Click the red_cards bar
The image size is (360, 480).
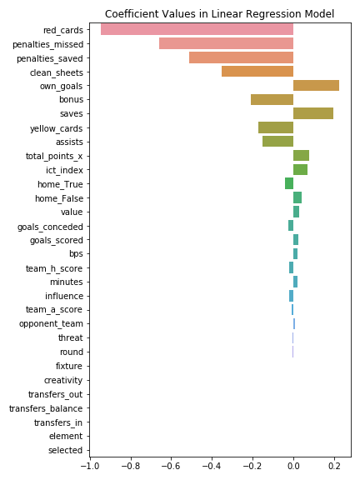(197, 30)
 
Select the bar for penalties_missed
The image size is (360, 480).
(226, 43)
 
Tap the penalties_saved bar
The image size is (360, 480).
(241, 57)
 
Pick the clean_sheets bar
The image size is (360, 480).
(257, 72)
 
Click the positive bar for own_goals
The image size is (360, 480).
(316, 85)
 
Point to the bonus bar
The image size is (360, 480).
(272, 99)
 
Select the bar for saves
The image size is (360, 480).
(313, 113)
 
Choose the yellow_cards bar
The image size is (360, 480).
(276, 127)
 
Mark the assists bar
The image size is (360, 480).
(278, 142)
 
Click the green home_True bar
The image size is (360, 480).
(289, 183)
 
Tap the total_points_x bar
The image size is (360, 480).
(301, 156)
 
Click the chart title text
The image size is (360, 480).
(219, 14)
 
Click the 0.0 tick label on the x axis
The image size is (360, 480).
(293, 466)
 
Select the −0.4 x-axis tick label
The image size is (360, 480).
(212, 466)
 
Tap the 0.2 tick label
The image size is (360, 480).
(334, 466)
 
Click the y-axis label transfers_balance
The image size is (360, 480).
(46, 408)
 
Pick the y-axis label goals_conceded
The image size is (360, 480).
(50, 227)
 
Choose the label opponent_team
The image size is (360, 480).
(51, 324)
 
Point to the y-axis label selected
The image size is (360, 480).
(66, 450)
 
